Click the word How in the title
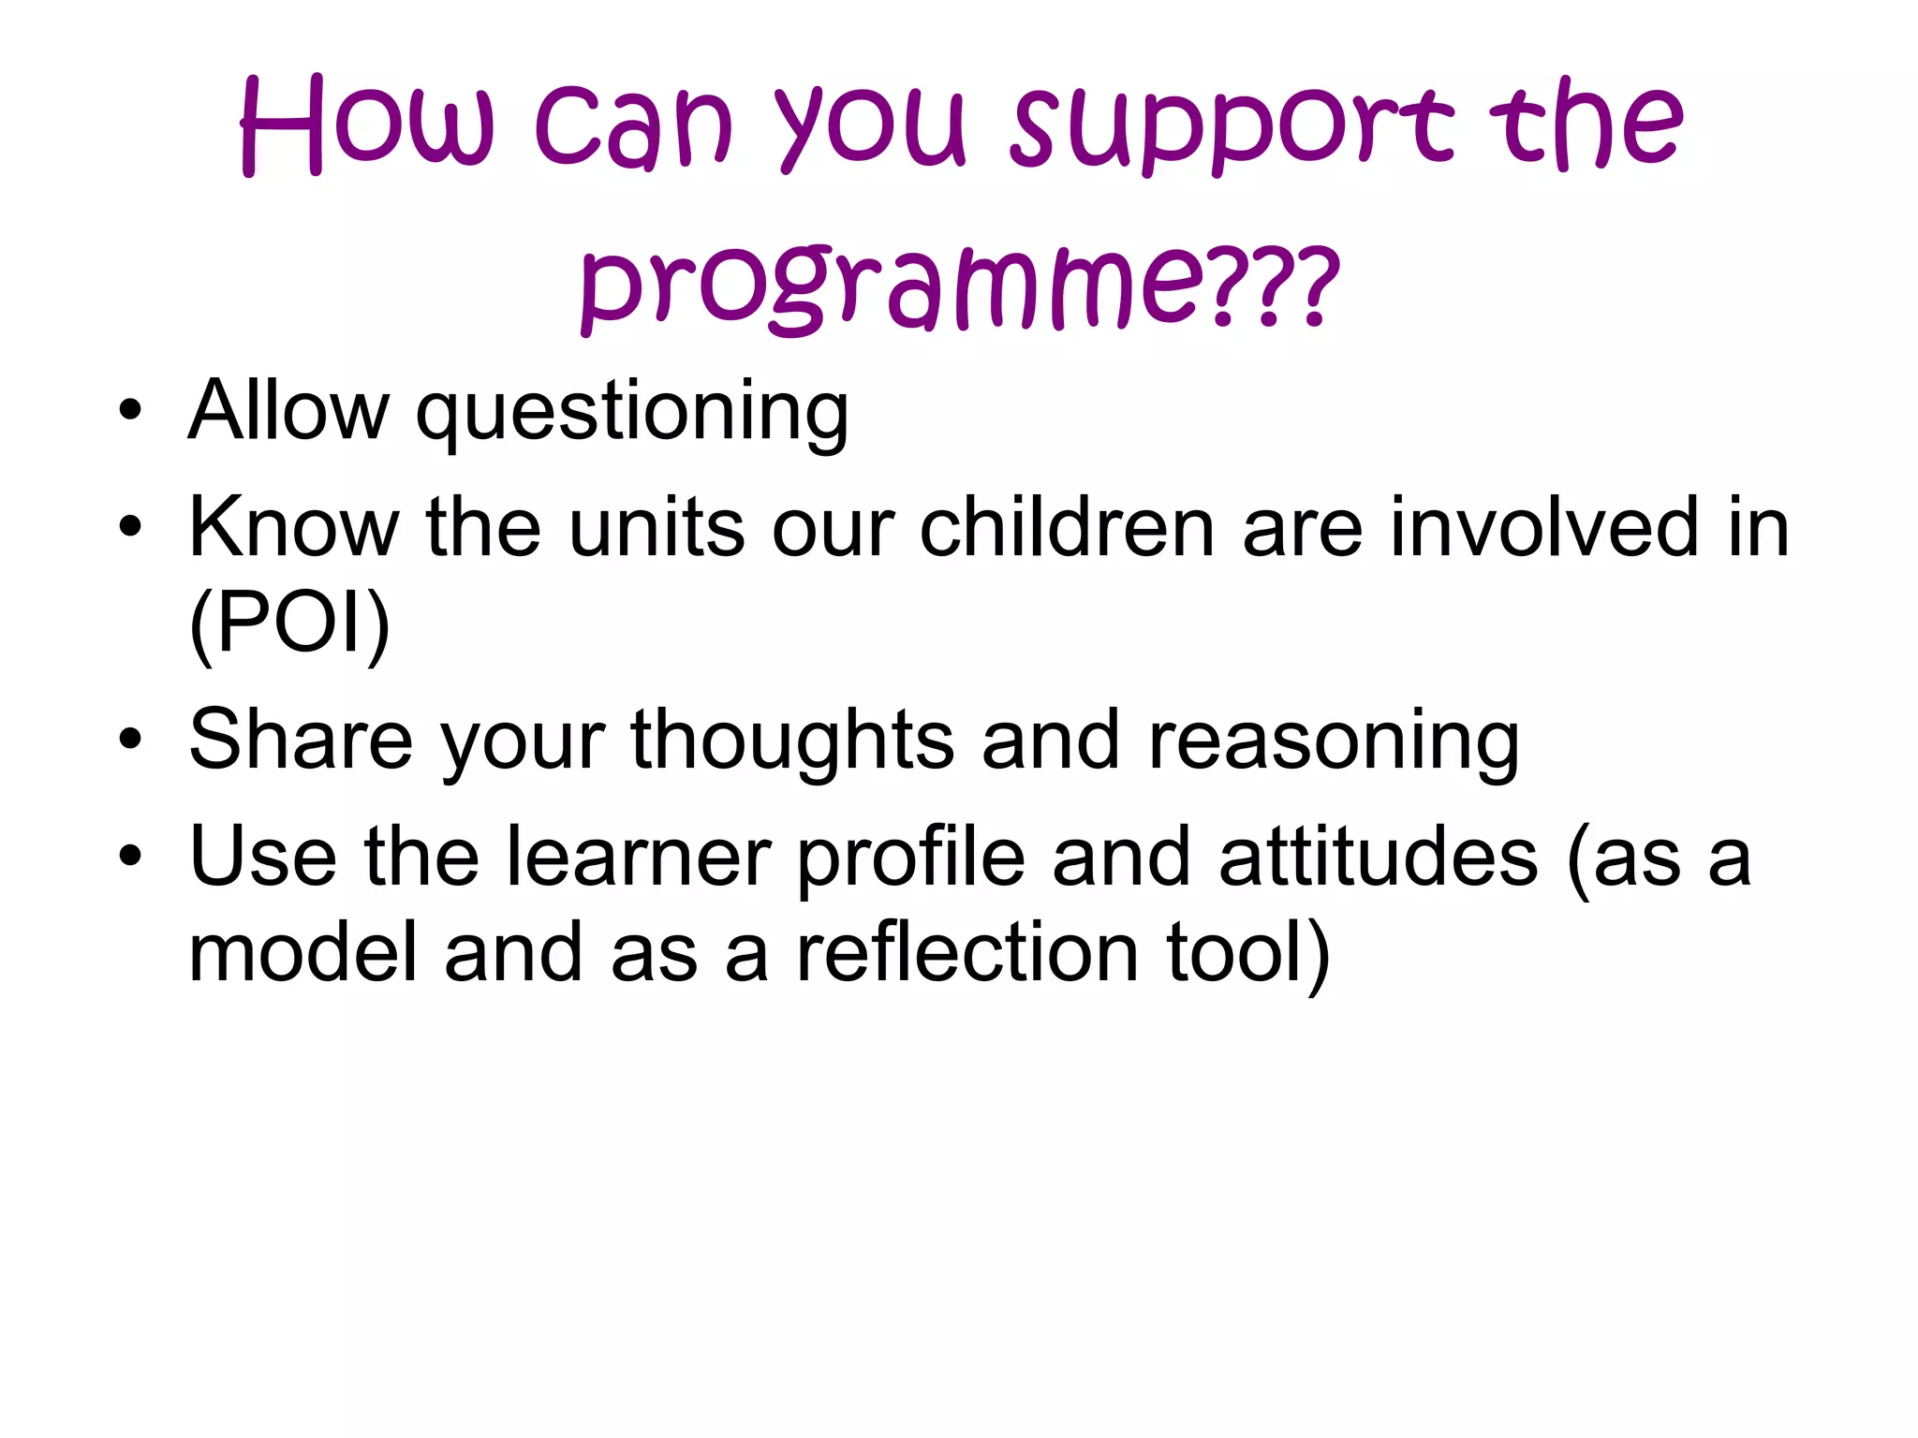click(365, 126)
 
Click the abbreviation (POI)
click(289, 624)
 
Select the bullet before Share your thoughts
click(130, 739)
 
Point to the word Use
click(263, 856)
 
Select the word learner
click(638, 856)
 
